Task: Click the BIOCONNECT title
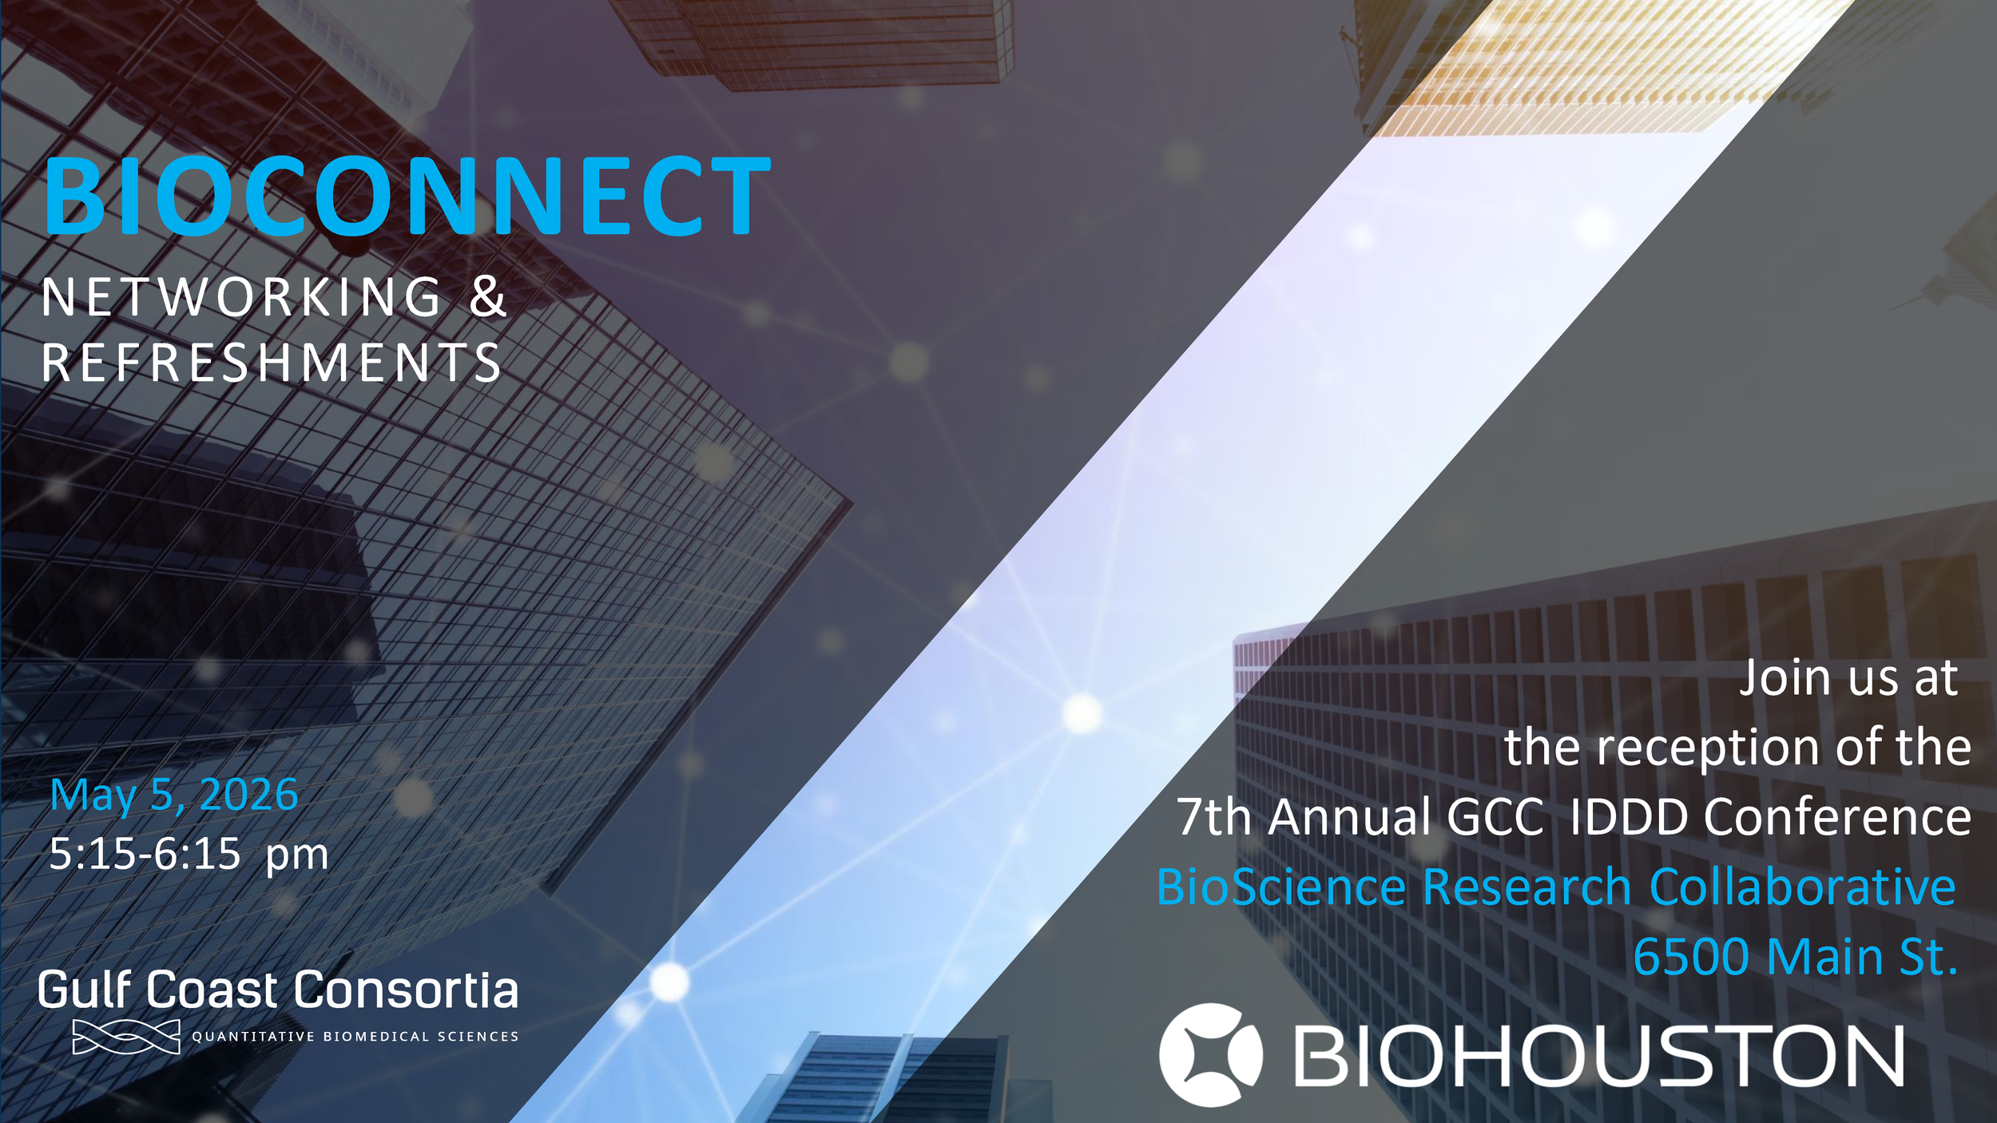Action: coord(407,196)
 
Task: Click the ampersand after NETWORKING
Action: coord(487,297)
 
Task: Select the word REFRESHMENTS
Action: coord(272,363)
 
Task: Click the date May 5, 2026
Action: coord(174,796)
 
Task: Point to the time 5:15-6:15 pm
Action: coord(189,854)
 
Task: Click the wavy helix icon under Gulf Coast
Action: coord(126,1037)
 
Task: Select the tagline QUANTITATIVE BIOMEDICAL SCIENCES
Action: coord(355,1037)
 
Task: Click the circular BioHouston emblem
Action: coord(1210,1055)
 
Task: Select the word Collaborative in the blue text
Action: coord(1802,887)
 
